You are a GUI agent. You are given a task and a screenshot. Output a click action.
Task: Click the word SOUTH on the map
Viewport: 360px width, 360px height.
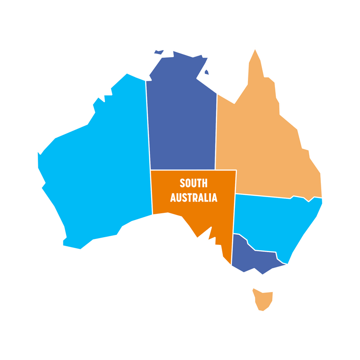193,184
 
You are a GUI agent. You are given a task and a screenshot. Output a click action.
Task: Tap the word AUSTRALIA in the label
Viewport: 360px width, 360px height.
193,198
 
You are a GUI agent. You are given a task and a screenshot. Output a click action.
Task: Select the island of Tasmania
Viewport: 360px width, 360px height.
263,298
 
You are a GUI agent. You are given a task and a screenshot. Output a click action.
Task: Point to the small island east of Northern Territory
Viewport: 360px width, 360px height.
206,72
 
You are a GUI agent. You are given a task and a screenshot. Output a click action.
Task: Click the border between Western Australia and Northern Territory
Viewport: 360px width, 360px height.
148,126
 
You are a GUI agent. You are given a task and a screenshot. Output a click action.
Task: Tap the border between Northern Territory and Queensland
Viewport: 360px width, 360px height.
216,130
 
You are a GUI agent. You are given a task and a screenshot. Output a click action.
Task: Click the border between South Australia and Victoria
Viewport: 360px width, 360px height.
232,250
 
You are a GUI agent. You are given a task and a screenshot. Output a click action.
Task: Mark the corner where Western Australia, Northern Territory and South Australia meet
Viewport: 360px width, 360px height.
150,170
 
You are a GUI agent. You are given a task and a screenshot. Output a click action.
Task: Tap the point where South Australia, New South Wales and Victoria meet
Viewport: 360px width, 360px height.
234,234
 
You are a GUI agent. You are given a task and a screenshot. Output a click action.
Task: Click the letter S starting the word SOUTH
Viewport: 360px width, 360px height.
182,184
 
